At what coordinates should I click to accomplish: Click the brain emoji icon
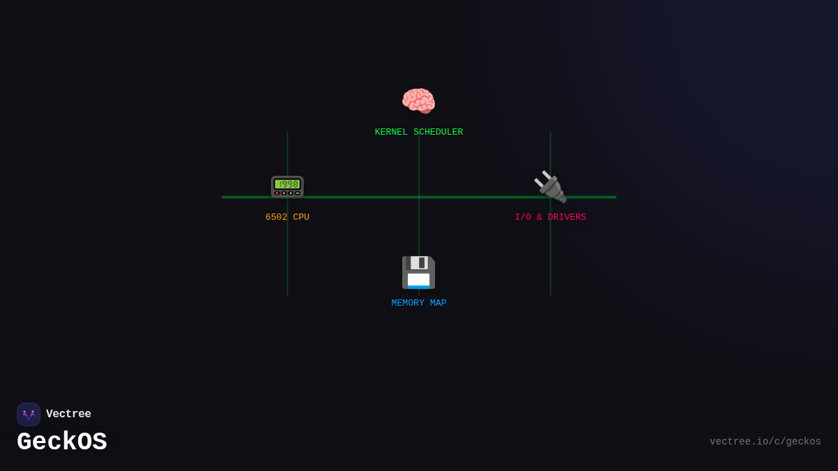coord(418,101)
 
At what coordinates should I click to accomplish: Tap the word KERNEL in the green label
coord(391,133)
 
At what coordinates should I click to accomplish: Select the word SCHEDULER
coord(438,133)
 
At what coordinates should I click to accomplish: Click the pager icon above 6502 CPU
coord(287,186)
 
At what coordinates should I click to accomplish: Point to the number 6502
coord(277,218)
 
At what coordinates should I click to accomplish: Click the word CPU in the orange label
coord(301,218)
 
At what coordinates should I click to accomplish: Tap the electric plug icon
coord(550,187)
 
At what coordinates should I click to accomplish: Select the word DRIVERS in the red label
coord(567,218)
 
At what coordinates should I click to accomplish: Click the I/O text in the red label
coord(523,218)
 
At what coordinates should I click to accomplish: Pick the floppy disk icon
coord(418,272)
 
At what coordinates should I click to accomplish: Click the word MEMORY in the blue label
coord(408,304)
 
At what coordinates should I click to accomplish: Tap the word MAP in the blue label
coord(438,304)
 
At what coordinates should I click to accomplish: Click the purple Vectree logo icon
coord(29,414)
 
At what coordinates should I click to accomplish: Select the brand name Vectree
coord(68,414)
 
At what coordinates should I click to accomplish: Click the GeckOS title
coord(61,442)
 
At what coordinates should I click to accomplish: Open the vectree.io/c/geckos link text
coord(765,442)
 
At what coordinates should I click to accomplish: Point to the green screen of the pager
coord(287,184)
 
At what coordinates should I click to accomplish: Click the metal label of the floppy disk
coord(418,263)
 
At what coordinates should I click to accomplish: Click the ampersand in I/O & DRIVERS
coord(539,218)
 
